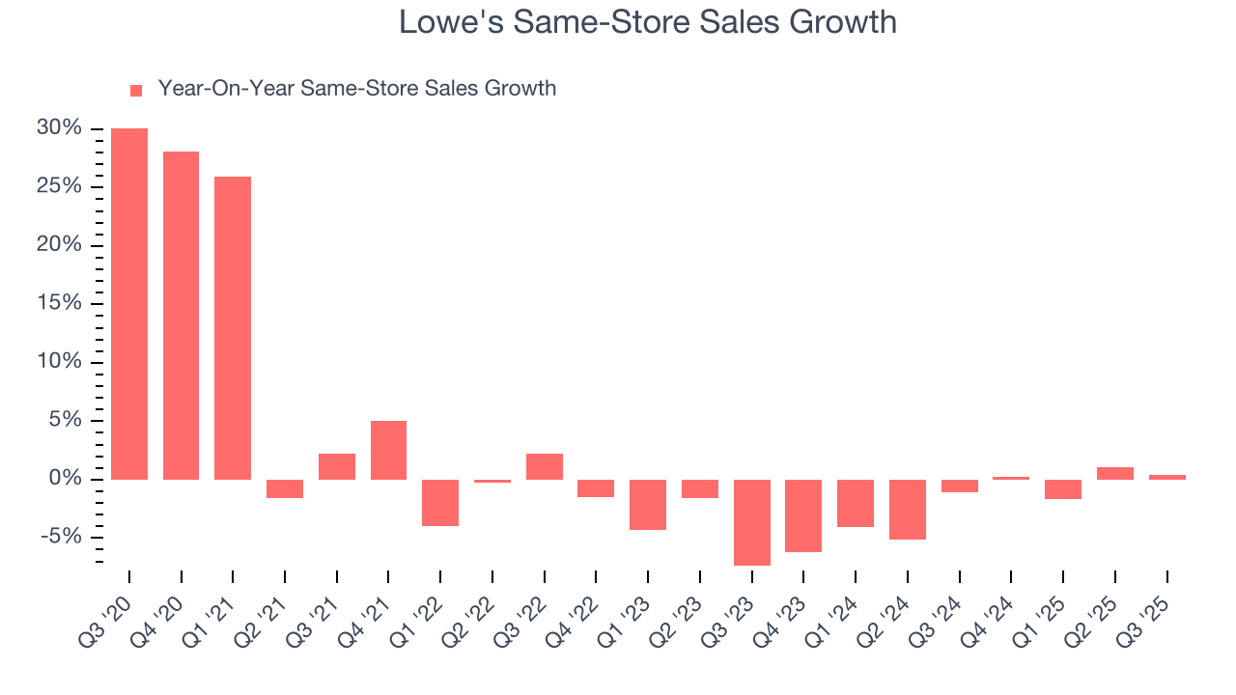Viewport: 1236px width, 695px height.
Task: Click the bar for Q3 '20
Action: [129, 304]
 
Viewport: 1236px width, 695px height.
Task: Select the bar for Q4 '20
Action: [181, 316]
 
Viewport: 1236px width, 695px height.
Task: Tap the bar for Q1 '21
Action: [233, 328]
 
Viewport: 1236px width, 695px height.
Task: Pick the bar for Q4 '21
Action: [388, 450]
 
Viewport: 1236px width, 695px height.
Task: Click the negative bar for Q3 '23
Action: [752, 522]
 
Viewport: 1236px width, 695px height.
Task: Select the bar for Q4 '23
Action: [803, 515]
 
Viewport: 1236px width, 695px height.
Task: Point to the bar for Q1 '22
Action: [440, 503]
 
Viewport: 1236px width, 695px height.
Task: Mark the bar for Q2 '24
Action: [908, 510]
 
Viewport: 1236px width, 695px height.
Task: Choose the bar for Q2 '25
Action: [1115, 473]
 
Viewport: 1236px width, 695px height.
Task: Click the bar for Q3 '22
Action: [545, 466]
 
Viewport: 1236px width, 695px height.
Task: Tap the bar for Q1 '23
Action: [648, 505]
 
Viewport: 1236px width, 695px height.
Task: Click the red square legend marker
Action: [136, 90]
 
